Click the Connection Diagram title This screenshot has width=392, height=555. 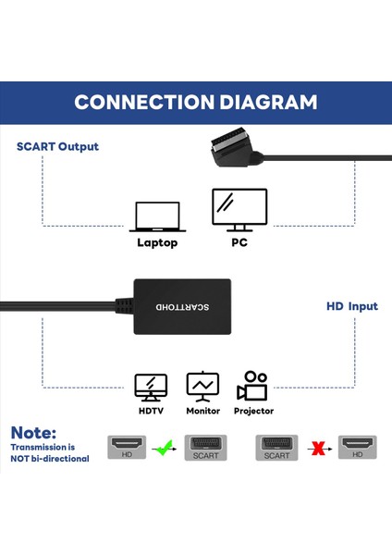point(195,102)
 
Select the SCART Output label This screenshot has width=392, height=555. point(57,146)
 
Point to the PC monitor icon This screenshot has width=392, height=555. point(239,211)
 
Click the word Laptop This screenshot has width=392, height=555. point(156,243)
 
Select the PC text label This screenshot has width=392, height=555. point(239,243)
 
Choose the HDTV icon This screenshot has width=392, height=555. point(151,387)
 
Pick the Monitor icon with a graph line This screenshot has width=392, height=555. point(202,386)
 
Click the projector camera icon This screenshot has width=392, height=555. point(253,386)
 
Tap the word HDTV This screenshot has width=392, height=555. point(151,411)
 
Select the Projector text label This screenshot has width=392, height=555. point(253,411)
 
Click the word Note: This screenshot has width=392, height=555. point(34,432)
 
